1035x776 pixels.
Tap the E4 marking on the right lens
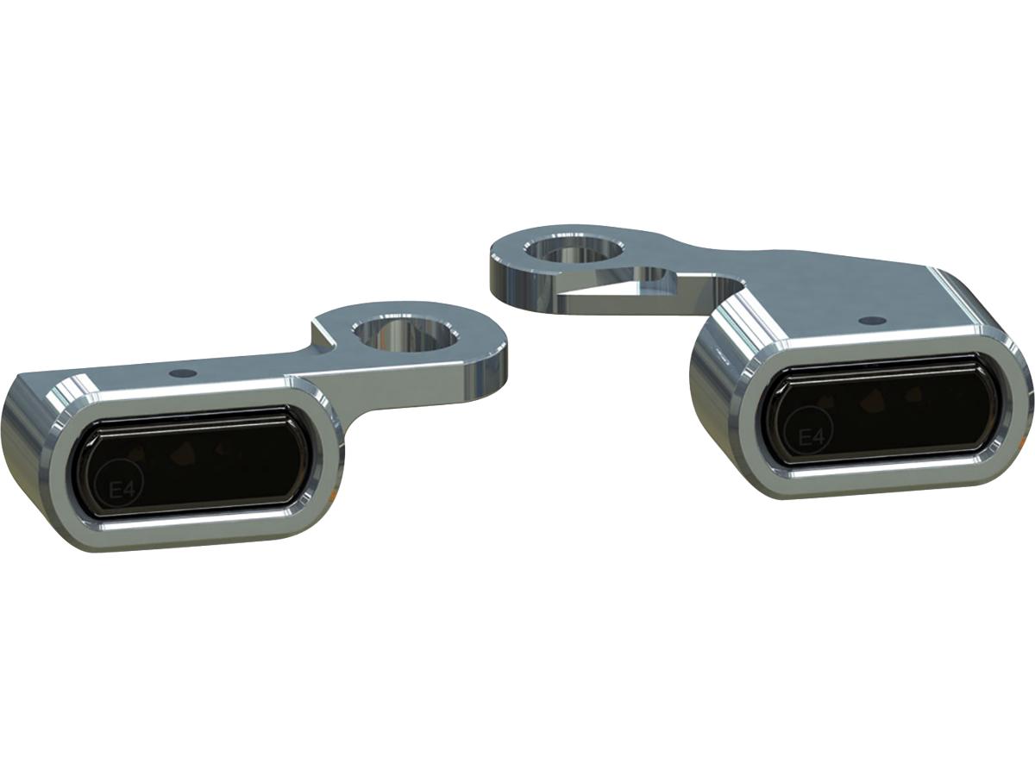(x=811, y=436)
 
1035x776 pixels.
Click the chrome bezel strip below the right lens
(x=888, y=472)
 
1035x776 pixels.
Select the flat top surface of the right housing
(x=845, y=323)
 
